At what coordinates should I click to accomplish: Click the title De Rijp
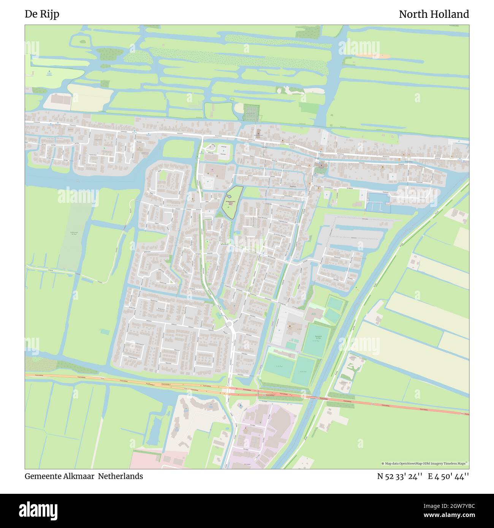coord(42,14)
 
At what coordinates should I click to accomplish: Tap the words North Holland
coord(434,14)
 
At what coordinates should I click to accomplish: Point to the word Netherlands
coord(120,476)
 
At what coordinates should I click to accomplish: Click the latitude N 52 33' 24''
coord(399,476)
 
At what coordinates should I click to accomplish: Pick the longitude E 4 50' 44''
coord(448,476)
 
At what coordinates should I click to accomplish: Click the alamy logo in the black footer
coord(38,511)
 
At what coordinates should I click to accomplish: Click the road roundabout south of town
coord(229,324)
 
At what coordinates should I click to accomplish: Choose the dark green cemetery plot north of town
coord(250,113)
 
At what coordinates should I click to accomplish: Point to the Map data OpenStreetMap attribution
coord(425,463)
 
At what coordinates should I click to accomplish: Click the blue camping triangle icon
coord(49,72)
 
